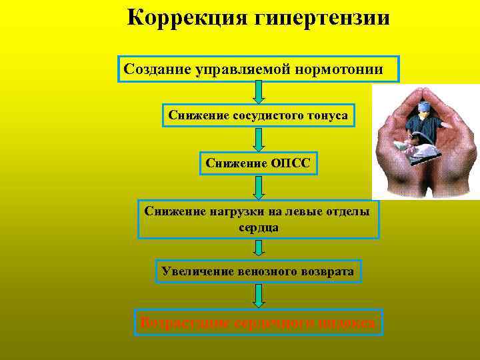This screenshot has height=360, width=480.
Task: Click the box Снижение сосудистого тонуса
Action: pos(258,115)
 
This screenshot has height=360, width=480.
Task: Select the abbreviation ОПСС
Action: pos(291,162)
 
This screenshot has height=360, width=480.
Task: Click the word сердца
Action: pos(259,227)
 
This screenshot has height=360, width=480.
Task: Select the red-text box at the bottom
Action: pos(258,323)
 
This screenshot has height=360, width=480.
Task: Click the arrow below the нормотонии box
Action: pos(259,91)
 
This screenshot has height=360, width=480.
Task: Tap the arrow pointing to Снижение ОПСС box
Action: pos(259,139)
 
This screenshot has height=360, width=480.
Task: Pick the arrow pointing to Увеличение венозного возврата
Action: pos(259,249)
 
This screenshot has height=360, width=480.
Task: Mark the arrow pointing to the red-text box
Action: pos(259,294)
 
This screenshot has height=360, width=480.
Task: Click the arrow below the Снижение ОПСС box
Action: pos(259,187)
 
